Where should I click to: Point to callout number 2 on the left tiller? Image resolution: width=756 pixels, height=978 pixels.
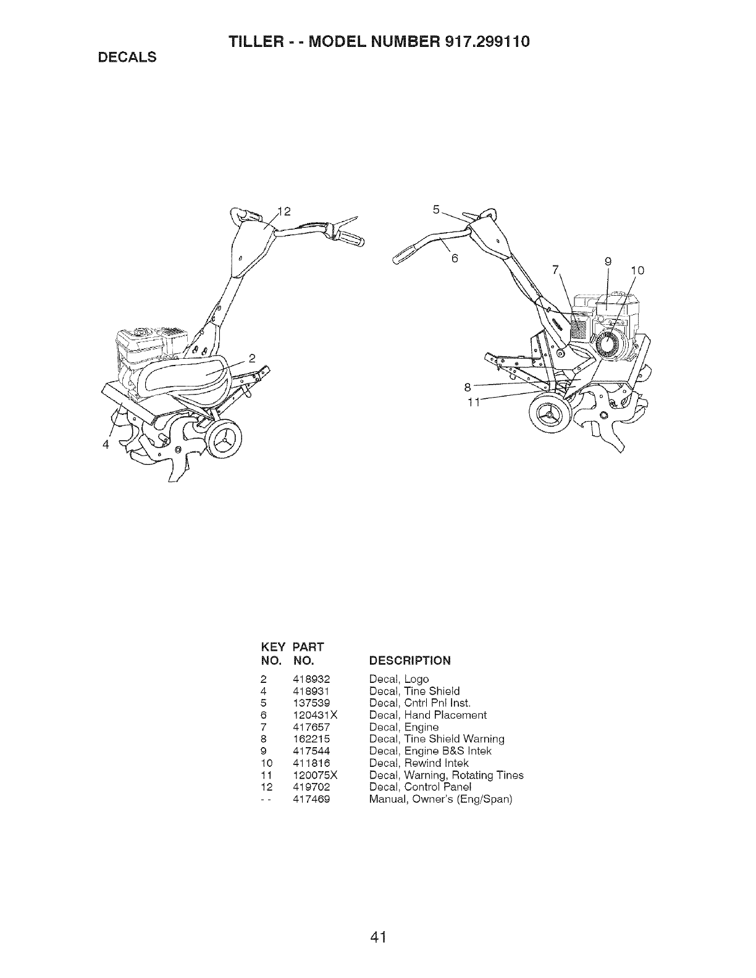tap(252, 359)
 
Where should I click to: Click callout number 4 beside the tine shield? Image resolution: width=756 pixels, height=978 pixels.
tap(106, 445)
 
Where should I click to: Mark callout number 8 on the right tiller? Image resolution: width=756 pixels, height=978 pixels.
tap(468, 388)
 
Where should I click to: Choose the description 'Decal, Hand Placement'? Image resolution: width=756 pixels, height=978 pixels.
tap(427, 715)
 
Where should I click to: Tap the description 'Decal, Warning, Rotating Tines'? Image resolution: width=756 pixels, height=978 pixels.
tap(446, 775)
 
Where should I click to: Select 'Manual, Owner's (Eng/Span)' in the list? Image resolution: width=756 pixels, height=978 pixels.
tap(440, 799)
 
